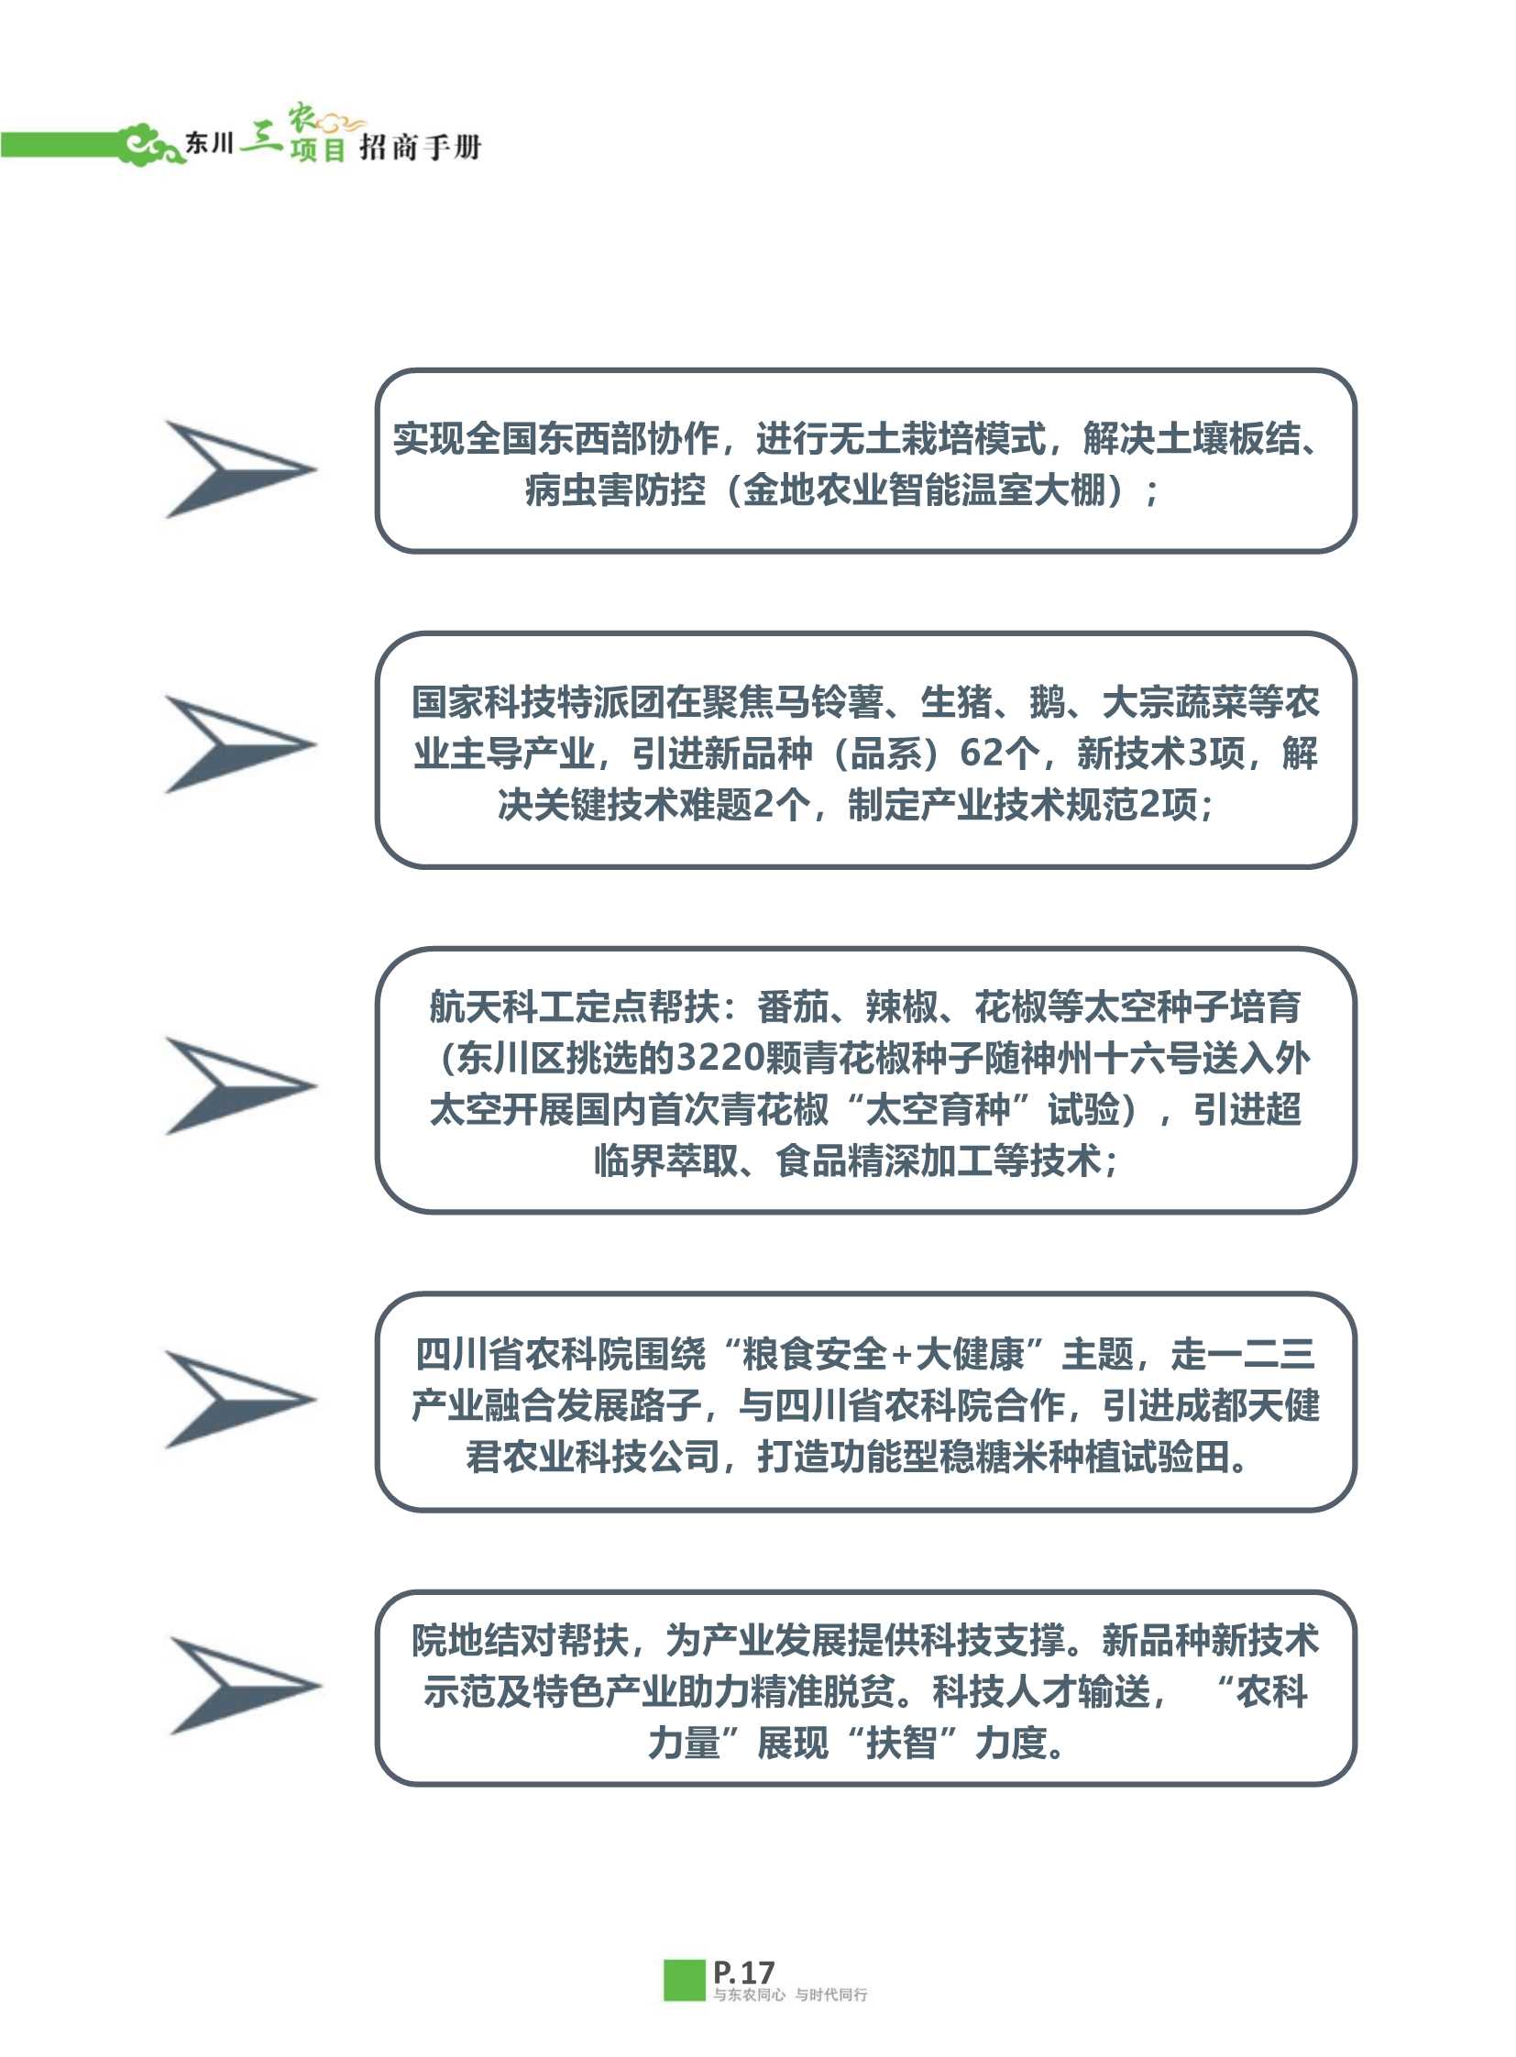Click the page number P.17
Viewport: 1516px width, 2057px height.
743,1973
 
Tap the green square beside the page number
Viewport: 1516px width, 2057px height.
684,1980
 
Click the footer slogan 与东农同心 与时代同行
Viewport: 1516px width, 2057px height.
790,1995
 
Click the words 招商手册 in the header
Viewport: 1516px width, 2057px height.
420,147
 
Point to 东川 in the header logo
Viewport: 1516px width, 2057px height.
209,143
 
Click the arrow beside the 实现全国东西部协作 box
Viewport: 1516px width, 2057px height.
240,469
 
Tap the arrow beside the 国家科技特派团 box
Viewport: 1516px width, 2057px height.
240,744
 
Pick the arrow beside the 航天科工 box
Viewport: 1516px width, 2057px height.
240,1086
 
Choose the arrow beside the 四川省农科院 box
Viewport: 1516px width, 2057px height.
240,1400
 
